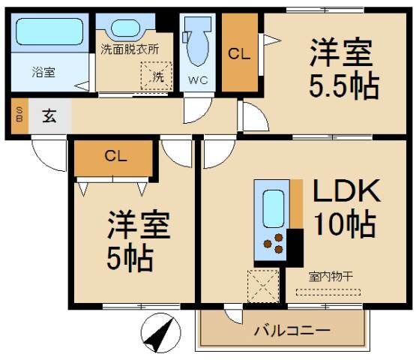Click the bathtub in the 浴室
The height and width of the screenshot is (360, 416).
[x=48, y=34]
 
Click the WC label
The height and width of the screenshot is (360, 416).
[x=198, y=79]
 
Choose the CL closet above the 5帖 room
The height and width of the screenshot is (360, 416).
[x=115, y=157]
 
